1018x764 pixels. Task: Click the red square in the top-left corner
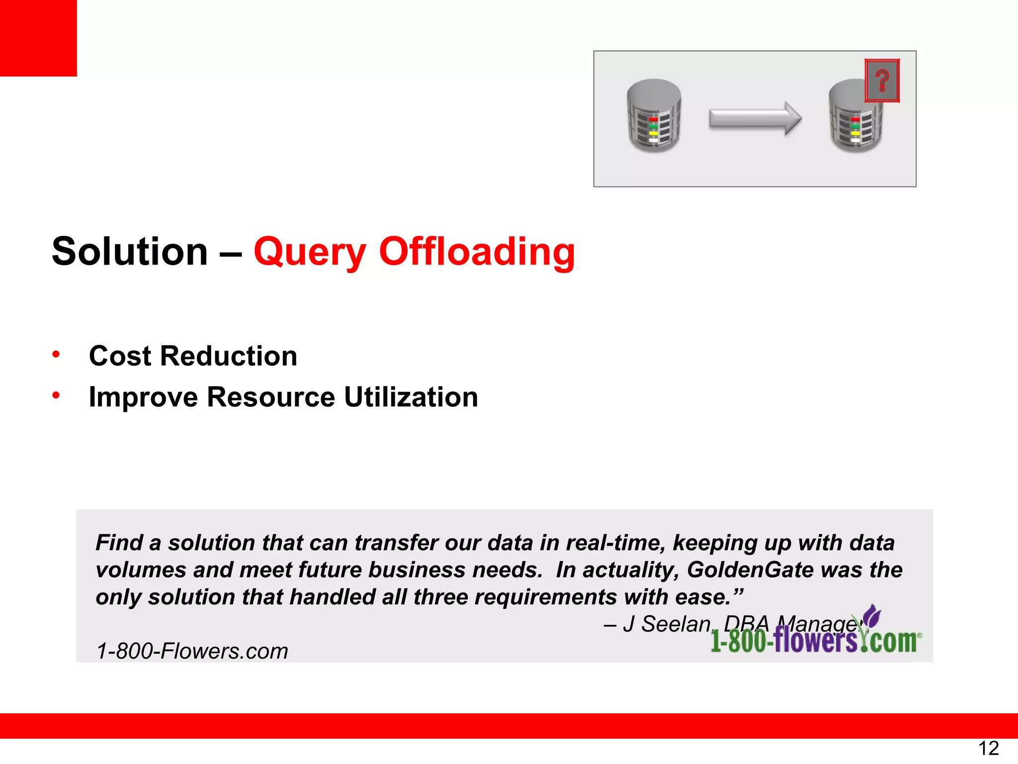[38, 38]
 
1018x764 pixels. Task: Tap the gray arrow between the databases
[755, 118]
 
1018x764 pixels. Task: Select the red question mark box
[882, 81]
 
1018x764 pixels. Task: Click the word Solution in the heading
[130, 252]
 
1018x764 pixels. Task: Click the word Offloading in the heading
[477, 252]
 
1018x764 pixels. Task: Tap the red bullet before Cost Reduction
[56, 355]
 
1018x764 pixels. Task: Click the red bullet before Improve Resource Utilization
[56, 396]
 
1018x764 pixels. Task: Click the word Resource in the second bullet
[271, 397]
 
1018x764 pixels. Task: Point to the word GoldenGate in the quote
[750, 570]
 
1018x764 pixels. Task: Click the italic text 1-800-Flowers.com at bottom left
[192, 651]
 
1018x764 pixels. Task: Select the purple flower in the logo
[872, 617]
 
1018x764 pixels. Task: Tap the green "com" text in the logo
[893, 641]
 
